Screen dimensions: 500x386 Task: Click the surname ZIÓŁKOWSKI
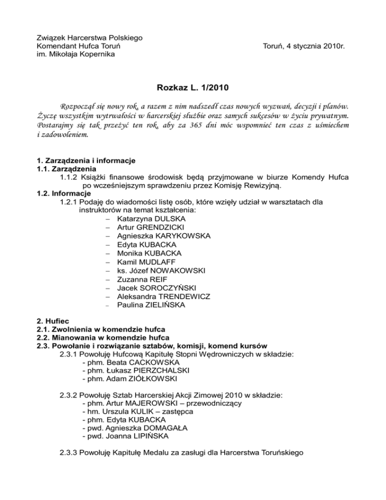(152, 378)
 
